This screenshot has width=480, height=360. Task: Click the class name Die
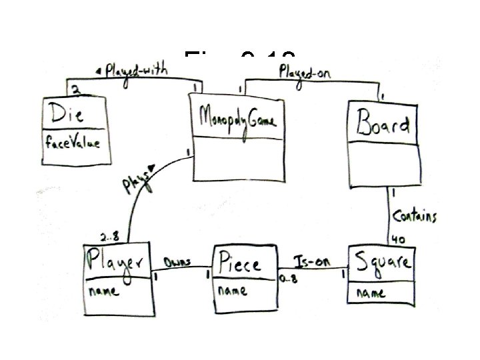tap(64, 114)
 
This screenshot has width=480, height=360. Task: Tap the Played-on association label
tap(304, 69)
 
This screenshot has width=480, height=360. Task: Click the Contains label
tap(415, 215)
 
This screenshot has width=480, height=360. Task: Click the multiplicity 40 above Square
tap(400, 239)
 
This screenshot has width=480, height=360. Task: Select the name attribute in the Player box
tap(104, 291)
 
